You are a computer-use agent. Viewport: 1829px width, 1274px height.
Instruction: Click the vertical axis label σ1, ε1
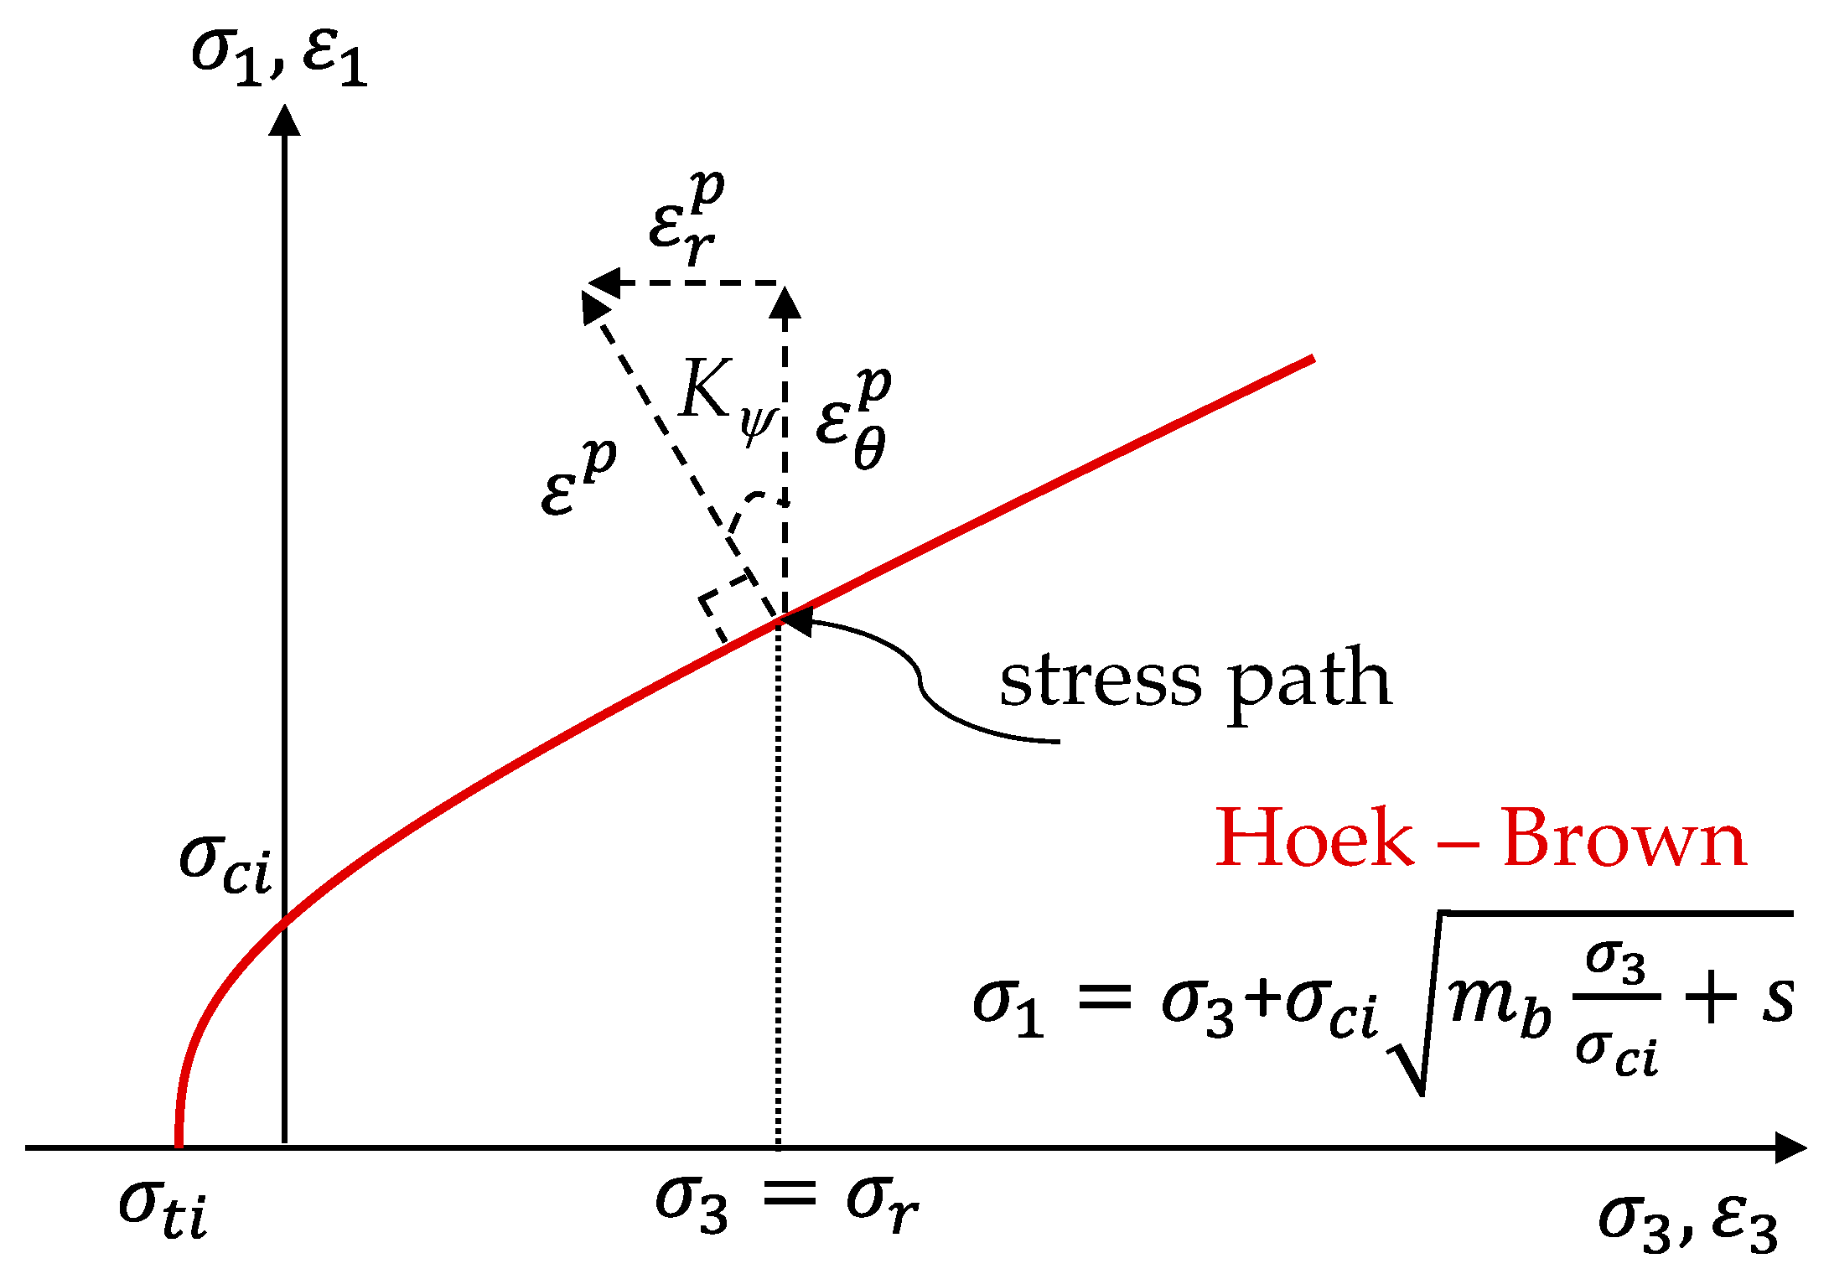pyautogui.click(x=279, y=56)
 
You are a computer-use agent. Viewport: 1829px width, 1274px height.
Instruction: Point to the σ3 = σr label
pyautogui.click(x=786, y=1203)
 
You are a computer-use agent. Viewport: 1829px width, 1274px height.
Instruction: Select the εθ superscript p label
pyautogui.click(x=853, y=419)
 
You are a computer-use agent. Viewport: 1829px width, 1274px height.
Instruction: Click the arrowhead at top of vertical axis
pyautogui.click(x=285, y=119)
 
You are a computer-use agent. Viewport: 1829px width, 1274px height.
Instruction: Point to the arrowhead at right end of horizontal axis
pyautogui.click(x=1790, y=1147)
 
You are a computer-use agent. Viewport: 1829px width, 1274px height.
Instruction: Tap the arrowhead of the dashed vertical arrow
pyautogui.click(x=785, y=302)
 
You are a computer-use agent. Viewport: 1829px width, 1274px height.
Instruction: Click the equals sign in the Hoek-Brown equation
pyautogui.click(x=1105, y=999)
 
